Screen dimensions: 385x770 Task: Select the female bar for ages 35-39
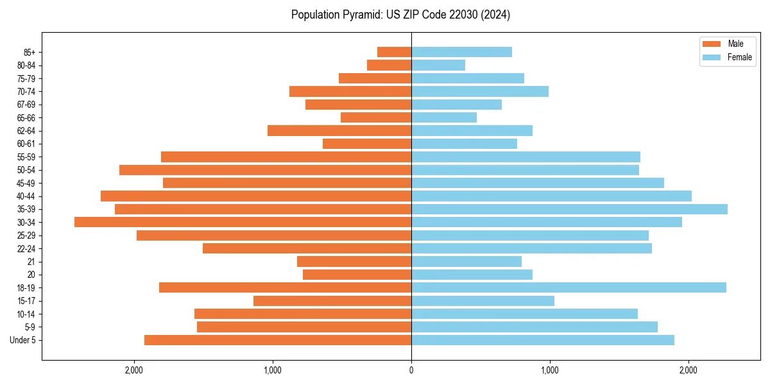(569, 209)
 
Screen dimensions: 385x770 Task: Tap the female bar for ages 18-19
(569, 287)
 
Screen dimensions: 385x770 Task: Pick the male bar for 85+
(394, 52)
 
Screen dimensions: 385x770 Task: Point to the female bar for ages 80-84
(438, 65)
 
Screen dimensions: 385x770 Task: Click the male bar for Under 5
(278, 340)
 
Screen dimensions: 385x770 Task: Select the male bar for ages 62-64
(339, 130)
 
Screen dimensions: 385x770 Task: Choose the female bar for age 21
(466, 261)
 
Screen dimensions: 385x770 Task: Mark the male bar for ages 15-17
(332, 300)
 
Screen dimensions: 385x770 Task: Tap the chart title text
(400, 15)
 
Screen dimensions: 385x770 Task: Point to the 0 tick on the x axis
(411, 370)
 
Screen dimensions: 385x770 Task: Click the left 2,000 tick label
(134, 370)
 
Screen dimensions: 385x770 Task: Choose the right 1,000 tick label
(550, 370)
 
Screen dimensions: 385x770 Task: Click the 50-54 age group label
(26, 170)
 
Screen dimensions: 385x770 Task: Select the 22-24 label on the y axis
(26, 248)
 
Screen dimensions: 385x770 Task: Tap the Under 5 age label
(23, 340)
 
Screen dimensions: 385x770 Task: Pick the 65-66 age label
(26, 117)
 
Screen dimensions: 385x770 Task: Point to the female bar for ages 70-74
(480, 91)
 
